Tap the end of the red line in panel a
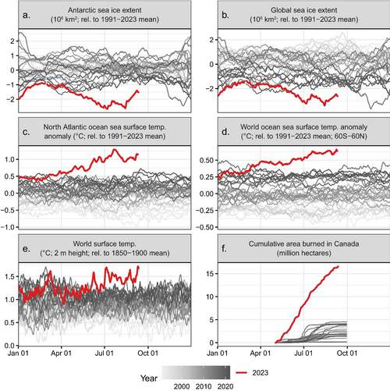[138, 91]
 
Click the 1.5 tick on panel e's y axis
[11, 276]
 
